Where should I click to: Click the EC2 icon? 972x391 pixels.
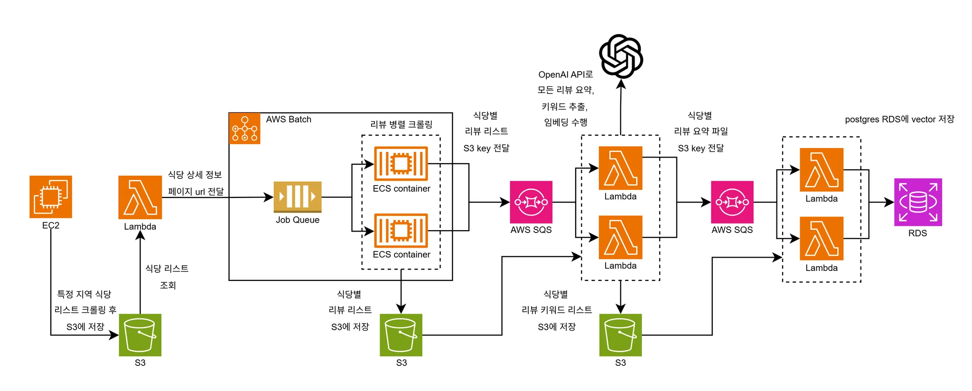(x=51, y=197)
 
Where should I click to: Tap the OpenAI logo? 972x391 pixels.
(x=621, y=56)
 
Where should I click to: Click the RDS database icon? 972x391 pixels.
(x=918, y=202)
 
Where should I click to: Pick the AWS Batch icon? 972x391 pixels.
(x=244, y=128)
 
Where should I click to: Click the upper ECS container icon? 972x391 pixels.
(x=401, y=164)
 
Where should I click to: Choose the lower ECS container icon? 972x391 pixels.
(x=401, y=231)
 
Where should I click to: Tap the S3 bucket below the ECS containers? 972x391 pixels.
(x=401, y=335)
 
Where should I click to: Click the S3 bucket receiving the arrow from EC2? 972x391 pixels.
(x=140, y=335)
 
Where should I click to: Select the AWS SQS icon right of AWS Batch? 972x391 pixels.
(x=531, y=202)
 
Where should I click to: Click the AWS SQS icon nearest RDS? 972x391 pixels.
(x=732, y=202)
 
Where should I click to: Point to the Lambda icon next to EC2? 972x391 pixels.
(x=140, y=197)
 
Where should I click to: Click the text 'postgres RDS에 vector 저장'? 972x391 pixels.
(x=899, y=120)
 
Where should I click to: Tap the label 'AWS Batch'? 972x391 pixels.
(x=289, y=120)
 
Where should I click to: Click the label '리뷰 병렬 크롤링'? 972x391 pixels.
(x=401, y=125)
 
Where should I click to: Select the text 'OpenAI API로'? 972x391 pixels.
(x=566, y=75)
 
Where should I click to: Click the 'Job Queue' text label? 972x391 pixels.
(x=298, y=220)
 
